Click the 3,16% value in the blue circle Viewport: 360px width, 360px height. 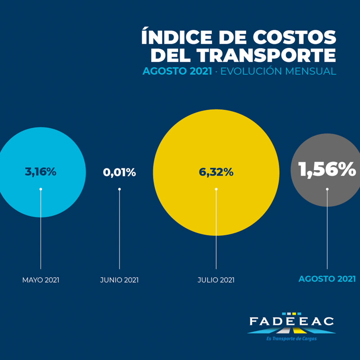40,172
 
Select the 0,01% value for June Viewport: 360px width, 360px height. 119,172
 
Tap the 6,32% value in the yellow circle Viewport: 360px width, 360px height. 216,172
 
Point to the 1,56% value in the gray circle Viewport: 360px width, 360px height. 327,170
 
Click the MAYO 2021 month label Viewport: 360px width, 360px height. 41,280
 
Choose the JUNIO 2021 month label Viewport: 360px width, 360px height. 119,280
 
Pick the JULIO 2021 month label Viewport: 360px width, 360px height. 216,280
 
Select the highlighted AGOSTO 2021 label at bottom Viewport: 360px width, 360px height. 327,279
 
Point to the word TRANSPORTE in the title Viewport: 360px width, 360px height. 267,55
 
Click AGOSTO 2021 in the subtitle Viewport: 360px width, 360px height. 177,72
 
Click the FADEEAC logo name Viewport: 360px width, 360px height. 292,321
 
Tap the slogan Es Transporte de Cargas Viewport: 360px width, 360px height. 291,339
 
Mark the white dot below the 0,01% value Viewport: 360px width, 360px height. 119,189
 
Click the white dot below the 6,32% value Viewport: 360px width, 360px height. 216,189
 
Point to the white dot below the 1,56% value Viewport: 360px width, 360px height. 327,189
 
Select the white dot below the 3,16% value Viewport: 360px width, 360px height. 41,189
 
